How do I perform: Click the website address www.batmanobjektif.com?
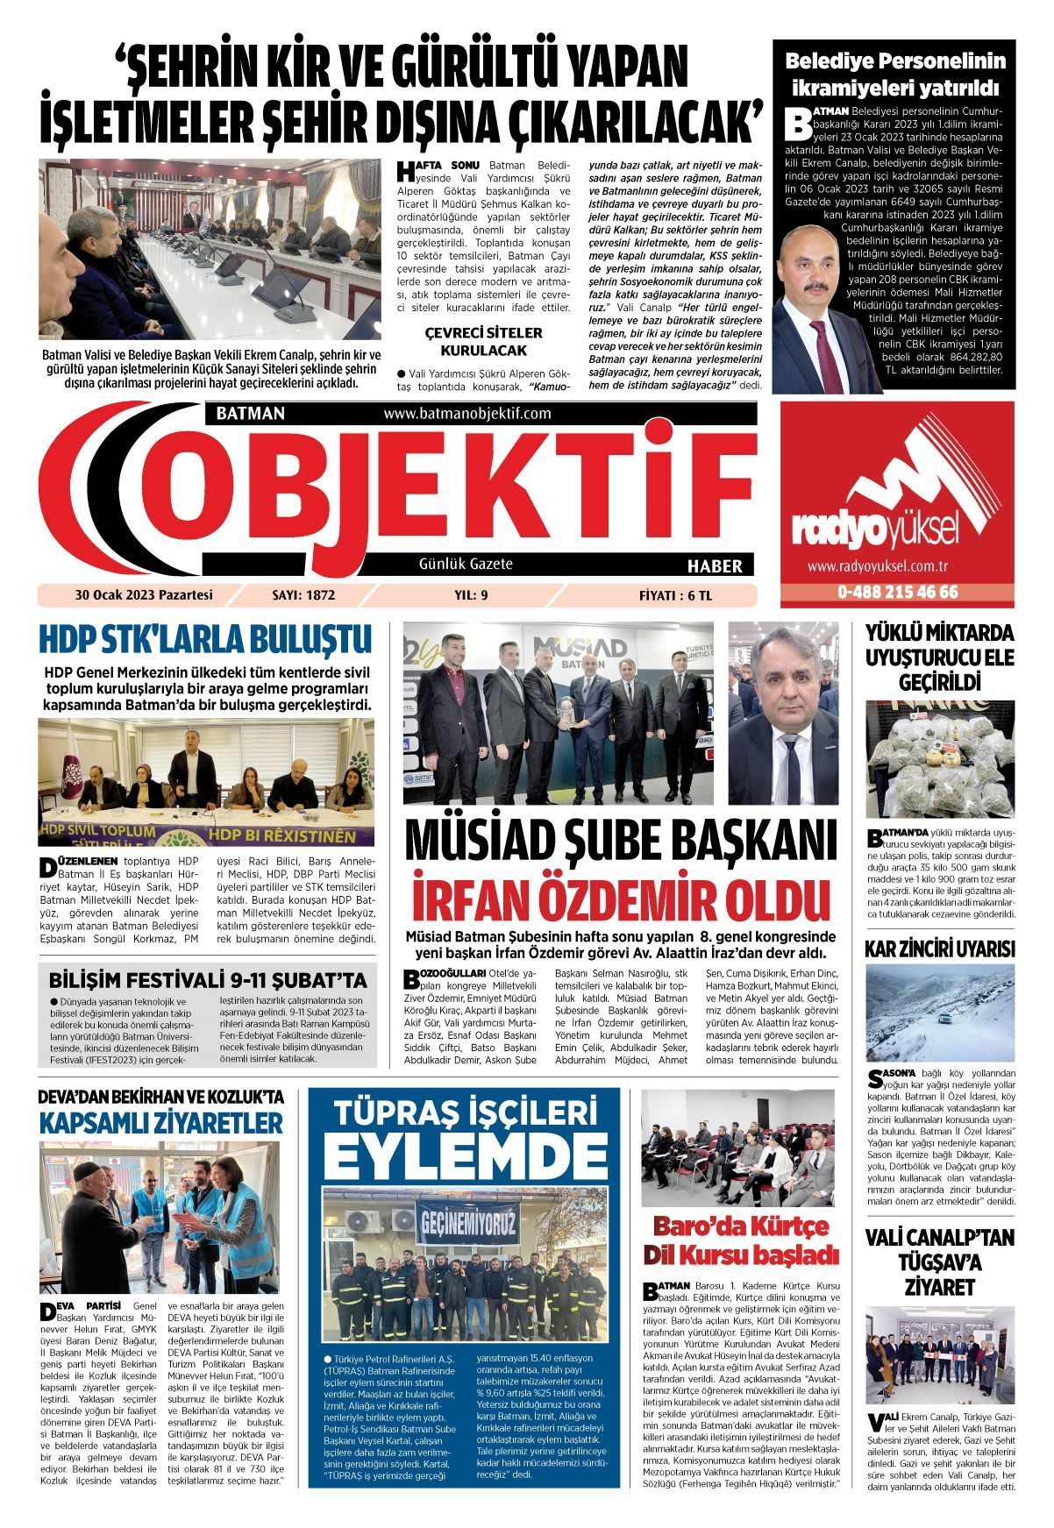point(466,413)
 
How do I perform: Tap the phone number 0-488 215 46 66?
point(897,593)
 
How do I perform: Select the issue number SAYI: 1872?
point(304,595)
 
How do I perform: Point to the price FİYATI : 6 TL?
point(676,595)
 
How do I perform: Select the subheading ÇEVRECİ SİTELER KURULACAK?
point(483,342)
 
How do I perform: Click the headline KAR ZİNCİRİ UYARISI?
point(939,949)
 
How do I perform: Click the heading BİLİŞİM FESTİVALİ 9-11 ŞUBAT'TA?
point(208,979)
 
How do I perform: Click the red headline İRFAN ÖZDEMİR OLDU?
point(621,902)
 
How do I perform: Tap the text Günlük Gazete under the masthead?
point(466,565)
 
